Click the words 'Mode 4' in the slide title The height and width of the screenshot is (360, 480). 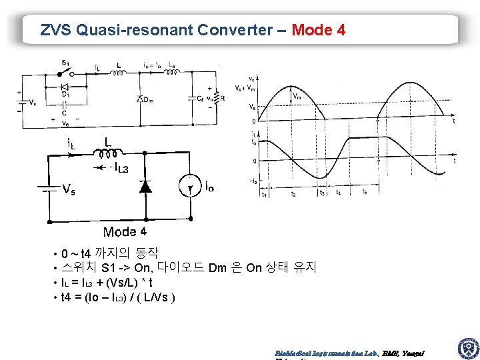pyautogui.click(x=319, y=30)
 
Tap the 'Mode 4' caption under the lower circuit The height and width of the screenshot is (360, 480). pyautogui.click(x=125, y=232)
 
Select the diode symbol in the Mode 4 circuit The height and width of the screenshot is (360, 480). pyautogui.click(x=144, y=187)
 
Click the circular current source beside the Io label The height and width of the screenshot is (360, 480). pyautogui.click(x=191, y=187)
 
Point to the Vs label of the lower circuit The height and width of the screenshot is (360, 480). pyautogui.click(x=68, y=189)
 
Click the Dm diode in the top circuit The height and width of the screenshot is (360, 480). pyautogui.click(x=141, y=99)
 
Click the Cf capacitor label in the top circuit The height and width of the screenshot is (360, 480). pyautogui.click(x=201, y=99)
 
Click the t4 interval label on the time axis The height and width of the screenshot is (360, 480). pyautogui.click(x=339, y=193)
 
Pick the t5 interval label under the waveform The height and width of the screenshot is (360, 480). pyautogui.click(x=364, y=193)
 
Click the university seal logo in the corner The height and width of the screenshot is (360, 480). pyautogui.click(x=467, y=348)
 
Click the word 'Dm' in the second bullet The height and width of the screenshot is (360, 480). pyautogui.click(x=217, y=268)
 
